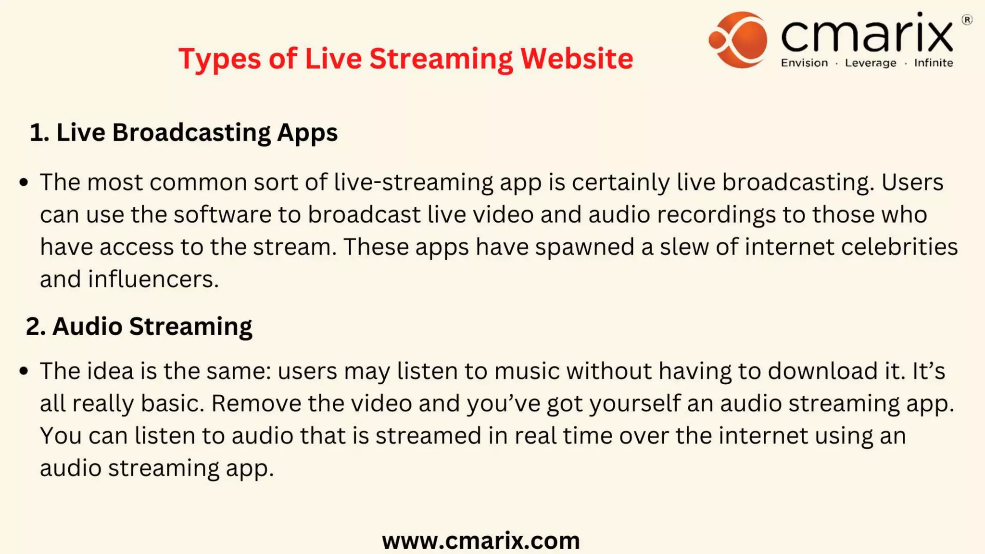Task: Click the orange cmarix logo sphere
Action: pyautogui.click(x=738, y=39)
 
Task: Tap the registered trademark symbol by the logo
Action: pyautogui.click(x=967, y=20)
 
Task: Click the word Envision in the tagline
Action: pyautogui.click(x=804, y=63)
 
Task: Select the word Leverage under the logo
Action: pyautogui.click(x=871, y=63)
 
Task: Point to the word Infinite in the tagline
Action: pyautogui.click(x=933, y=63)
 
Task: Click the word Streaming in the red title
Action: pyautogui.click(x=441, y=59)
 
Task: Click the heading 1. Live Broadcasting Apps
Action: pyautogui.click(x=183, y=132)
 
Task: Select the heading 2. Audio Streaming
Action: pyautogui.click(x=139, y=326)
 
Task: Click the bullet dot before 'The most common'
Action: pyautogui.click(x=24, y=182)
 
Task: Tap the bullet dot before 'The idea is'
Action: pyautogui.click(x=24, y=371)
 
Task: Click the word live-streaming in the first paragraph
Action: pyautogui.click(x=413, y=183)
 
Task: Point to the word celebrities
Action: pyautogui.click(x=899, y=247)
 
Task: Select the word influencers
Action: pyautogui.click(x=153, y=279)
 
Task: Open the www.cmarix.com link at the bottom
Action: pyautogui.click(x=481, y=541)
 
